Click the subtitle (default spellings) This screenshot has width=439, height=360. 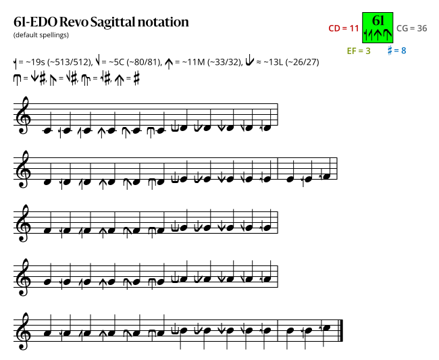(x=41, y=35)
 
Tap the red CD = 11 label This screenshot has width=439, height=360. (x=344, y=28)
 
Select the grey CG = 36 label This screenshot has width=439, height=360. (x=412, y=28)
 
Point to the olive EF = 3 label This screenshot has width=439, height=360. (x=359, y=51)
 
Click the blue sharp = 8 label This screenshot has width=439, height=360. (x=396, y=51)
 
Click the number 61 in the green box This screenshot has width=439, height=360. (x=378, y=20)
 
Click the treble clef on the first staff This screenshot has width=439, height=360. (x=24, y=115)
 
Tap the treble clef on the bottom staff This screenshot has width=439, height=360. (x=24, y=331)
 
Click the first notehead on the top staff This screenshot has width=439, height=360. (x=47, y=130)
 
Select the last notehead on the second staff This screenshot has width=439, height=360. (x=326, y=176)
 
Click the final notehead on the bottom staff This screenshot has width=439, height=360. (x=327, y=328)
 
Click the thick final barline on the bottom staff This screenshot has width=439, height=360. (x=341, y=330)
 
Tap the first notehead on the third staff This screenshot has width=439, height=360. (x=47, y=230)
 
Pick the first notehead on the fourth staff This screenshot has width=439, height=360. (x=47, y=282)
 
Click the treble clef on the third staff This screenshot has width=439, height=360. (x=24, y=223)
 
